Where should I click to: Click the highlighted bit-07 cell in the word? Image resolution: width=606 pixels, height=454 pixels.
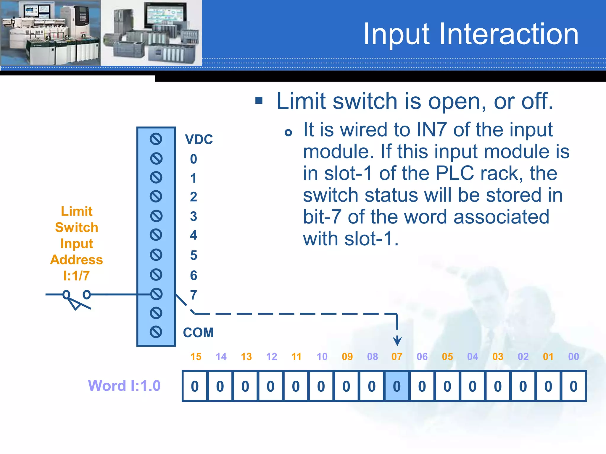tap(397, 386)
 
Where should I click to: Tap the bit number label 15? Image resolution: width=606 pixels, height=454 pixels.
tap(196, 357)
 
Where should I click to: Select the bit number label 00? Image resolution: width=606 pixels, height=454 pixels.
tap(573, 357)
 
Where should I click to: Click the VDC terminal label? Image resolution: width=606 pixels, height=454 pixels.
tap(199, 139)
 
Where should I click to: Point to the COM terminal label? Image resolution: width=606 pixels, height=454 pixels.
tap(198, 333)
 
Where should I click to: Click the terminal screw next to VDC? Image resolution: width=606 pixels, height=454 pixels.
tap(156, 139)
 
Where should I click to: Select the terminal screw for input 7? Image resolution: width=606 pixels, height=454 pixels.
tap(156, 294)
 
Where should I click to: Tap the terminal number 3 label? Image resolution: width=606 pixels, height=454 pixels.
tap(194, 216)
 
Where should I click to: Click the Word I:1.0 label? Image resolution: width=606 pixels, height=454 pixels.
tap(124, 386)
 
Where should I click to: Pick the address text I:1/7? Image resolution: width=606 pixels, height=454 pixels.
tap(76, 276)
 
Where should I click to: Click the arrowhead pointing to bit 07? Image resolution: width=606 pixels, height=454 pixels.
tap(397, 341)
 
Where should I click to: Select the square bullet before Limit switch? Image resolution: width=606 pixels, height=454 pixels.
tap(259, 101)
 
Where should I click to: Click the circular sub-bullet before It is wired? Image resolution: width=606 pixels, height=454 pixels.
tap(288, 133)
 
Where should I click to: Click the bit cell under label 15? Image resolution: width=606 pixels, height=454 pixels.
tap(195, 386)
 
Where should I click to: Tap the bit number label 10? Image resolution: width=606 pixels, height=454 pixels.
tap(322, 357)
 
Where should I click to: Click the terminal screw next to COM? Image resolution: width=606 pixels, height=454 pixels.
tap(156, 332)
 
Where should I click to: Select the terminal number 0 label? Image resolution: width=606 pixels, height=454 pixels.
tap(194, 159)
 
